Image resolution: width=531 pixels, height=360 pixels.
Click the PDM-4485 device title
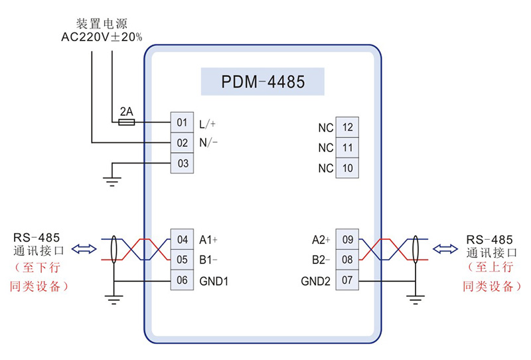[x=263, y=82]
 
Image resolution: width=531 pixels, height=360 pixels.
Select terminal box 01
[x=182, y=123]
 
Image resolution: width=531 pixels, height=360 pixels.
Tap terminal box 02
[x=182, y=143]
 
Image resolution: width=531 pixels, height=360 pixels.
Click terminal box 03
[x=182, y=163]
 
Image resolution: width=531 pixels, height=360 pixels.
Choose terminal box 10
[x=347, y=168]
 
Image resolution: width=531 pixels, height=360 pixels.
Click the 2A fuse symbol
[x=126, y=123]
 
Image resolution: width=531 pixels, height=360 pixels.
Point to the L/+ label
[x=208, y=124]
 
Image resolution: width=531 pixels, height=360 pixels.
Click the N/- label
[x=208, y=143]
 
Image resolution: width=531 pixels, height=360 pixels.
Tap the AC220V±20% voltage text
[x=102, y=38]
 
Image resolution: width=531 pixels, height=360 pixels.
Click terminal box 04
[x=182, y=239]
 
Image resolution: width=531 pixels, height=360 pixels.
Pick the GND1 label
[x=214, y=281]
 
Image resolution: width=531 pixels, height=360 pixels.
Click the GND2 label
[x=315, y=281]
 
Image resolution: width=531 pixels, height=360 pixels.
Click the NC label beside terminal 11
[x=325, y=148]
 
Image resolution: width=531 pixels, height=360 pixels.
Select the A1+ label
[x=208, y=239]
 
